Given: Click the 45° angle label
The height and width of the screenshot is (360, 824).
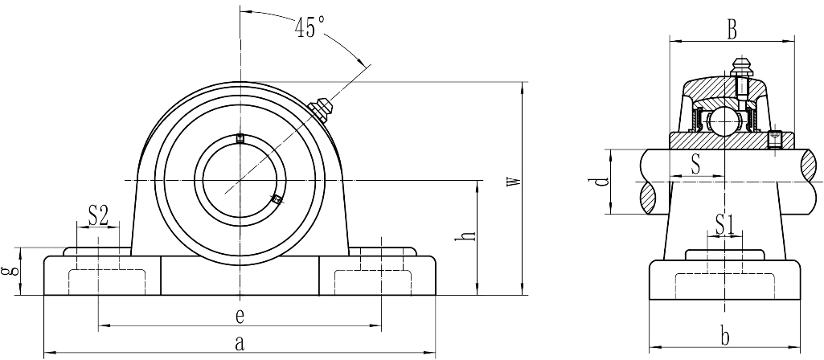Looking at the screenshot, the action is (x=310, y=27).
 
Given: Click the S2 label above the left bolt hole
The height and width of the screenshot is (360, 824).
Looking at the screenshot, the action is (x=98, y=215).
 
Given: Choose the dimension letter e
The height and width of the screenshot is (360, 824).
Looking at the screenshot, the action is (x=239, y=316).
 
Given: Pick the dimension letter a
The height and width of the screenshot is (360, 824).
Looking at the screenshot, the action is (x=239, y=343).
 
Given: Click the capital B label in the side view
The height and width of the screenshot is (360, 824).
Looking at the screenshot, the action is (x=731, y=31).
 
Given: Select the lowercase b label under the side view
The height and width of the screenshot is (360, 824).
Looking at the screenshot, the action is (x=724, y=337).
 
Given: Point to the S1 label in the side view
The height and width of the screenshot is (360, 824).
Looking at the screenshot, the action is (x=725, y=225).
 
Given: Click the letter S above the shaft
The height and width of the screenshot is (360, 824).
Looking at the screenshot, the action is (x=695, y=165).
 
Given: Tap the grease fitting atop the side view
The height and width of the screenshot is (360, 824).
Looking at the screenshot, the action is (x=741, y=67).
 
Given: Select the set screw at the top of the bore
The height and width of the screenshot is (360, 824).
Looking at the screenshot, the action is (x=240, y=138).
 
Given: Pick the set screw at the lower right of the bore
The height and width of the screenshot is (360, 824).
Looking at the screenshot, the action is (x=277, y=198).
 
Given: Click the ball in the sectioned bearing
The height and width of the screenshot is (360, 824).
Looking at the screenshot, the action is (x=721, y=121).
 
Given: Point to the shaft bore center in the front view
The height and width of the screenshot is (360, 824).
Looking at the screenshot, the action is (x=240, y=182).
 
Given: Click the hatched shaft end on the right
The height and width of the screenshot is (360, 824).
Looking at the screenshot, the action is (x=810, y=182).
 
